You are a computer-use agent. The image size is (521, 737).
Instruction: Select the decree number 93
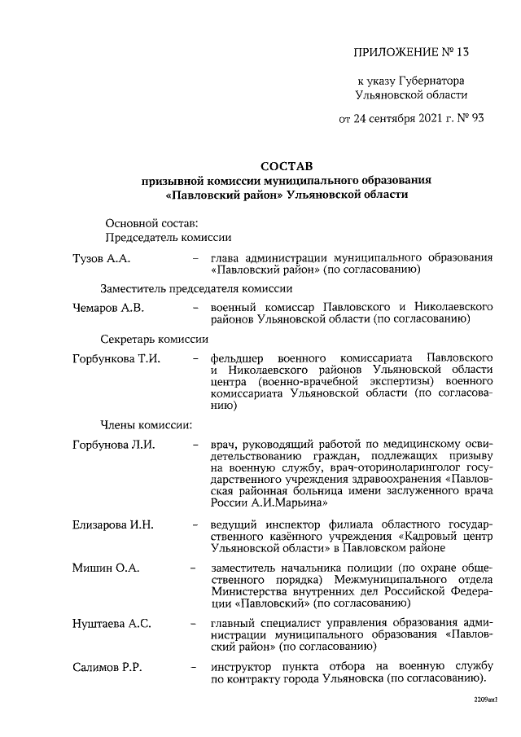(476, 118)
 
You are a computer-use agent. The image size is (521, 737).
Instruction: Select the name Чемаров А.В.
(108, 308)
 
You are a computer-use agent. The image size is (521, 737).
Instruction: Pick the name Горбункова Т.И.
(116, 358)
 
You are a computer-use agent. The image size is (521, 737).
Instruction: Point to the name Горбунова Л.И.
(113, 445)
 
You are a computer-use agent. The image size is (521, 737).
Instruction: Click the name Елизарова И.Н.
(112, 524)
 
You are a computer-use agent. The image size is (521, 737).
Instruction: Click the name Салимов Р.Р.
(107, 668)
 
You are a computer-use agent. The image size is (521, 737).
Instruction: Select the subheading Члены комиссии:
(146, 424)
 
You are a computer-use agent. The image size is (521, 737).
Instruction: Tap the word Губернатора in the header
(435, 81)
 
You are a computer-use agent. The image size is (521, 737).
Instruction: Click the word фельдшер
(237, 358)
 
